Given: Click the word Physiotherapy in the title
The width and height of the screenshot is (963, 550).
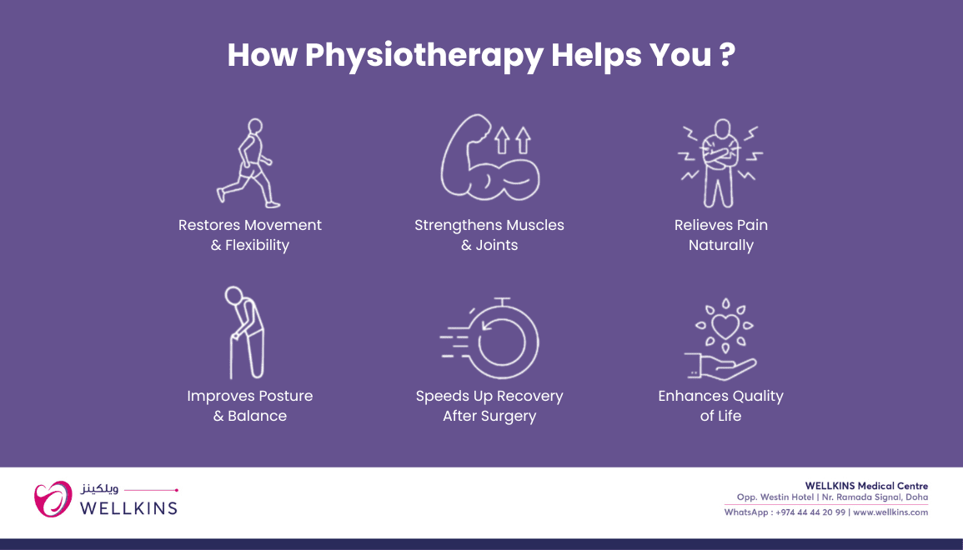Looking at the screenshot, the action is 424,56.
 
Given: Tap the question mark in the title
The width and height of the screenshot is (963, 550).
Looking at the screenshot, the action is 726,54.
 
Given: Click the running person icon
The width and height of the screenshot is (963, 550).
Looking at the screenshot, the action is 248,163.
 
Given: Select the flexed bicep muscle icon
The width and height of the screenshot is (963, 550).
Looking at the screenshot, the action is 490,157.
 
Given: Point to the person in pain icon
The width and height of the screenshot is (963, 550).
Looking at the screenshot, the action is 721,163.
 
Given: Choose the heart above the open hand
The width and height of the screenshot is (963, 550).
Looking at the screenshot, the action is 725,327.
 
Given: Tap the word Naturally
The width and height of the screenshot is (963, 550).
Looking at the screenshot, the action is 721,246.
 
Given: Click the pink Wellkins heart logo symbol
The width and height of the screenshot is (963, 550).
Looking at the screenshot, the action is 53,498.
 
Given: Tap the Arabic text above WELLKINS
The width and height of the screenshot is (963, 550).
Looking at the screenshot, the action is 99,490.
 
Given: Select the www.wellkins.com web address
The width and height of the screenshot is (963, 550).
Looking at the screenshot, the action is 890,512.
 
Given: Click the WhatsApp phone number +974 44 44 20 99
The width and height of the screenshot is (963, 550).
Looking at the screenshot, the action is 810,512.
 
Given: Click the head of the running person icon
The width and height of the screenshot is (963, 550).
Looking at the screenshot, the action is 255,126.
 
